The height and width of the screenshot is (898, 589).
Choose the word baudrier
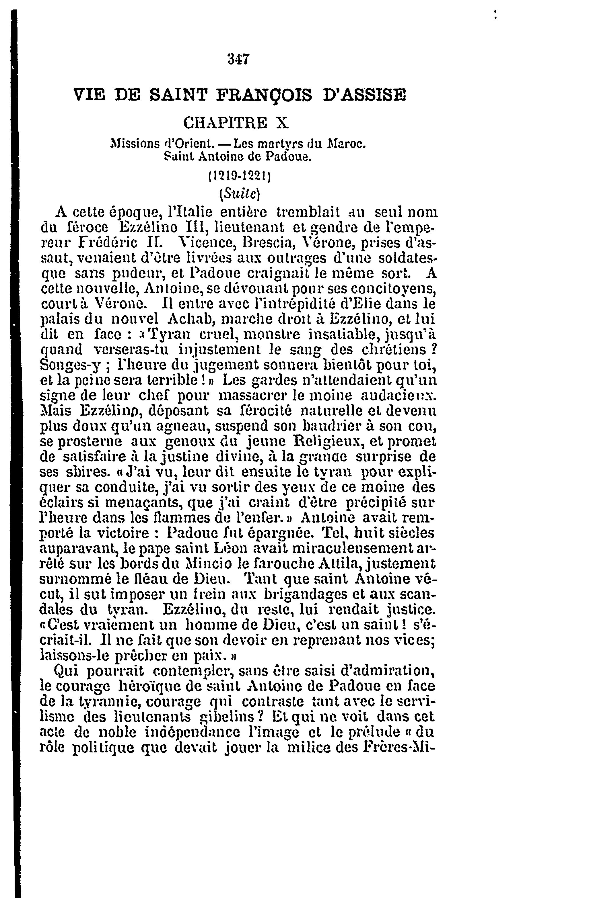(x=337, y=426)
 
